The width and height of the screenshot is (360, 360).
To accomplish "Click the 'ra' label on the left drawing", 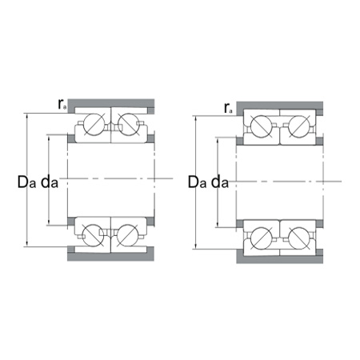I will coord(61,103).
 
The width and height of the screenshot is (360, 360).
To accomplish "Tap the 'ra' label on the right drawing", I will coord(228,106).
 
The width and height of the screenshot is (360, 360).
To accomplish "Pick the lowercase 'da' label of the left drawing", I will coord(50,182).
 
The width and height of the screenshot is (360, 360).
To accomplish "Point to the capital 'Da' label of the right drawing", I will coord(196,182).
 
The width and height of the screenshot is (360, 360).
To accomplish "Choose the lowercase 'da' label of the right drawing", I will coord(220,182).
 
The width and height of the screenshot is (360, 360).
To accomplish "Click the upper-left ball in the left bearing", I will coord(94,124).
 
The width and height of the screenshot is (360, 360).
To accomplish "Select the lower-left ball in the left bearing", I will coord(94,234).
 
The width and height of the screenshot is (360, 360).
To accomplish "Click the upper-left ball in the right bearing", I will coord(262,126).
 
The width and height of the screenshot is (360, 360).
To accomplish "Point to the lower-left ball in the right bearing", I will coord(262,238).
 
